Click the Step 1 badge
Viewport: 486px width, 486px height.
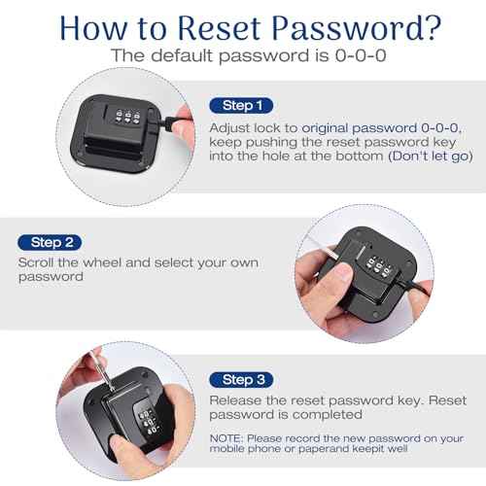241,106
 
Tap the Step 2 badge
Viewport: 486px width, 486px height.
50,242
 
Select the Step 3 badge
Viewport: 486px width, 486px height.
241,380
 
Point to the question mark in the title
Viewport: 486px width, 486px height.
430,27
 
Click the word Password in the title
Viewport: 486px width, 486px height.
344,28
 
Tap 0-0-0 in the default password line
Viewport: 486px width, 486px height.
361,55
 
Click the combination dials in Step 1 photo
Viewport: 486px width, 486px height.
128,117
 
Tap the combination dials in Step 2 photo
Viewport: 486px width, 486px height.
378,266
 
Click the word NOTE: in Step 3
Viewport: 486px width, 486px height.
226,438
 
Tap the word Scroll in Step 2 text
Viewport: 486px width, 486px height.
37,262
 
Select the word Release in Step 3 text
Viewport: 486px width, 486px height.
235,400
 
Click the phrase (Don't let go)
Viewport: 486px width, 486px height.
431,156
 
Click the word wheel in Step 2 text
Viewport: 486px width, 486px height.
102,262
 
